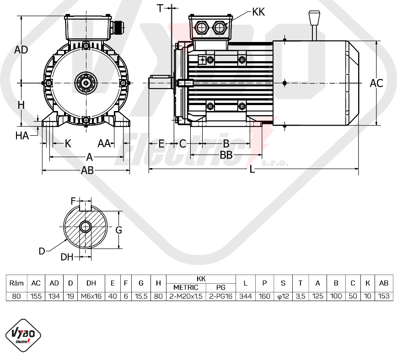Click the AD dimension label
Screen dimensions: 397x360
21,50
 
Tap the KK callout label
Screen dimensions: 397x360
258,12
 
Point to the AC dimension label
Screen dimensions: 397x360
376,83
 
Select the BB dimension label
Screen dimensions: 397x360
226,155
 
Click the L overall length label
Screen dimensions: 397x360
252,169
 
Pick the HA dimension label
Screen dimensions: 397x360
22,136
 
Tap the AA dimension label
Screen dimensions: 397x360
104,143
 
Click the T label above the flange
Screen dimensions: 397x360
160,8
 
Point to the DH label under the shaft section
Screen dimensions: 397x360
67,257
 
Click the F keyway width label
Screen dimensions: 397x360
73,201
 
